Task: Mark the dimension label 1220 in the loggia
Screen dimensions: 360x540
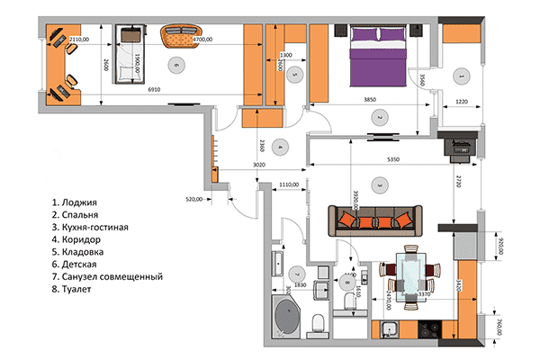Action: pos(461,102)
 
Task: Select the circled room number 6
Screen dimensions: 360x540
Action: pos(175,65)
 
